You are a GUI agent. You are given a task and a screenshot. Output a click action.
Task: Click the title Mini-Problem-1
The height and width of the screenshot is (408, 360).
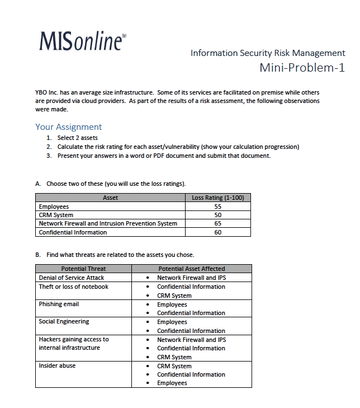[x=302, y=68]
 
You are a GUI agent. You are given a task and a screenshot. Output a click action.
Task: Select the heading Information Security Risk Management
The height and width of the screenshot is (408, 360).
[x=268, y=53]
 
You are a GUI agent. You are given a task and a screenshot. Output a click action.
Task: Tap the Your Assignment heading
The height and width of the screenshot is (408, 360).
[x=68, y=127]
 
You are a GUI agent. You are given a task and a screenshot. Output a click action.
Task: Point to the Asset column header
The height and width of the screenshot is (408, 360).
[x=110, y=198]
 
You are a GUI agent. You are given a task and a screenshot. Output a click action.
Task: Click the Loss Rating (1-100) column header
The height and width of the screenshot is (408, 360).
[x=217, y=198]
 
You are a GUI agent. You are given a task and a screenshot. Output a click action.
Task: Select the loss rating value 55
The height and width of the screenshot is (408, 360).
[x=217, y=207]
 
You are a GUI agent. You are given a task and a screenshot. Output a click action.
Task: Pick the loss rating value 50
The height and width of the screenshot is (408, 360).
[x=217, y=215]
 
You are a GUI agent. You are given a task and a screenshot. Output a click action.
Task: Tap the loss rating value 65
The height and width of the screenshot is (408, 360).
[x=217, y=223]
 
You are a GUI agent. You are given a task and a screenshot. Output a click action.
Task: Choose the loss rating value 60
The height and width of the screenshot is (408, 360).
[x=217, y=232]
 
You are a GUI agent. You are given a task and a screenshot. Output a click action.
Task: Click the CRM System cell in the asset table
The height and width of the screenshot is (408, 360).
[x=56, y=215]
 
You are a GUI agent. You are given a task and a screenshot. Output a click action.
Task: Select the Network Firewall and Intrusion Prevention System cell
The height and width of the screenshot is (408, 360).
[x=108, y=223]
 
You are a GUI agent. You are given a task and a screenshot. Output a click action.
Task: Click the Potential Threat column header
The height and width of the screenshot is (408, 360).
[x=83, y=269]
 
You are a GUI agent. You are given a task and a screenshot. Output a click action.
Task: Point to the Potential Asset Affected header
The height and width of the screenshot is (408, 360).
[x=191, y=269]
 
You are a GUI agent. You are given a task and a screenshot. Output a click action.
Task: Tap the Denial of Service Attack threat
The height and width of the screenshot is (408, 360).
[x=71, y=278]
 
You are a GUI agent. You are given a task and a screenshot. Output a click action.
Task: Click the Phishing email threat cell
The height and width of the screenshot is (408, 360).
[x=59, y=304]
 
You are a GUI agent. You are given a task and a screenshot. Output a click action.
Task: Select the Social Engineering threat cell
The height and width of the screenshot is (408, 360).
[x=64, y=322]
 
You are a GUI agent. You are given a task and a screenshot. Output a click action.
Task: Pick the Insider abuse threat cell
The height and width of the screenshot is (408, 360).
[x=57, y=366]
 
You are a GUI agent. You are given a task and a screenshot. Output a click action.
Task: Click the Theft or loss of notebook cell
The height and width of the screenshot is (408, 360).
[x=73, y=287]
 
